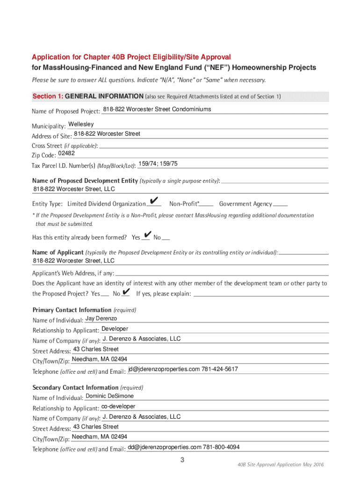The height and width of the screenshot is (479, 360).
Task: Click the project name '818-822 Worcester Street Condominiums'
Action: point(157,109)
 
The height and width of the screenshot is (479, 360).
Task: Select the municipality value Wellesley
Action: point(81,124)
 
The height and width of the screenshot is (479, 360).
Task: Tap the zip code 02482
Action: point(66,153)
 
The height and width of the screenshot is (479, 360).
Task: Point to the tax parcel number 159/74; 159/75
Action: point(158,164)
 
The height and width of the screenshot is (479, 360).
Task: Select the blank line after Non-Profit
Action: point(206,205)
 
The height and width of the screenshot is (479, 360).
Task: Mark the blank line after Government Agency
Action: point(281,205)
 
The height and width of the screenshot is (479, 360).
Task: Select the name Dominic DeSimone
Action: point(109,396)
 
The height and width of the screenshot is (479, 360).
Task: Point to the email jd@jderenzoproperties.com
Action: point(164,370)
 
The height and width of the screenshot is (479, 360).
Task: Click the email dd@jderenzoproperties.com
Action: point(164,447)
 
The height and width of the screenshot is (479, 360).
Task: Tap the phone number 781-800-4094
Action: point(221,447)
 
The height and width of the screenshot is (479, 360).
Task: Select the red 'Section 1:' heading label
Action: point(47,96)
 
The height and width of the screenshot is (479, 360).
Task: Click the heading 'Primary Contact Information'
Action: point(72,310)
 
